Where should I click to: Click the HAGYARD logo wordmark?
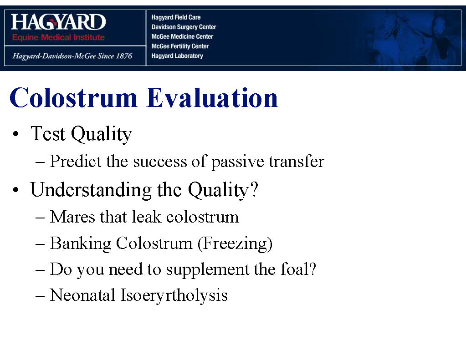[x=58, y=22]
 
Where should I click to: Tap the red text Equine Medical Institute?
[x=58, y=37]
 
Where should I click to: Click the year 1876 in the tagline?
[x=124, y=56]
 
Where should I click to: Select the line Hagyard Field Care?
[x=176, y=17]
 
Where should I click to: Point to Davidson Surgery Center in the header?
[x=184, y=27]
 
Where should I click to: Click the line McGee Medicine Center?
[x=182, y=36]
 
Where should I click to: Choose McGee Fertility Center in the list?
[x=180, y=46]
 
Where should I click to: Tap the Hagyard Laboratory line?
[x=177, y=56]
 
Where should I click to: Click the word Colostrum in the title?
[x=73, y=97]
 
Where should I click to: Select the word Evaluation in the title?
[x=212, y=97]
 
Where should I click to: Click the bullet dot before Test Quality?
[x=16, y=134]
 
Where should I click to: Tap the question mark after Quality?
[x=254, y=189]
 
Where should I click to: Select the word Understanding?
[x=91, y=190]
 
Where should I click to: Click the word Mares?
[x=72, y=217]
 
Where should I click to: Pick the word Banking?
[x=81, y=244]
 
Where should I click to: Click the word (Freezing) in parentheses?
[x=235, y=244]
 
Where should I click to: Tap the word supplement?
[x=207, y=270]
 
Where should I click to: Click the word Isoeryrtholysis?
[x=174, y=296]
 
